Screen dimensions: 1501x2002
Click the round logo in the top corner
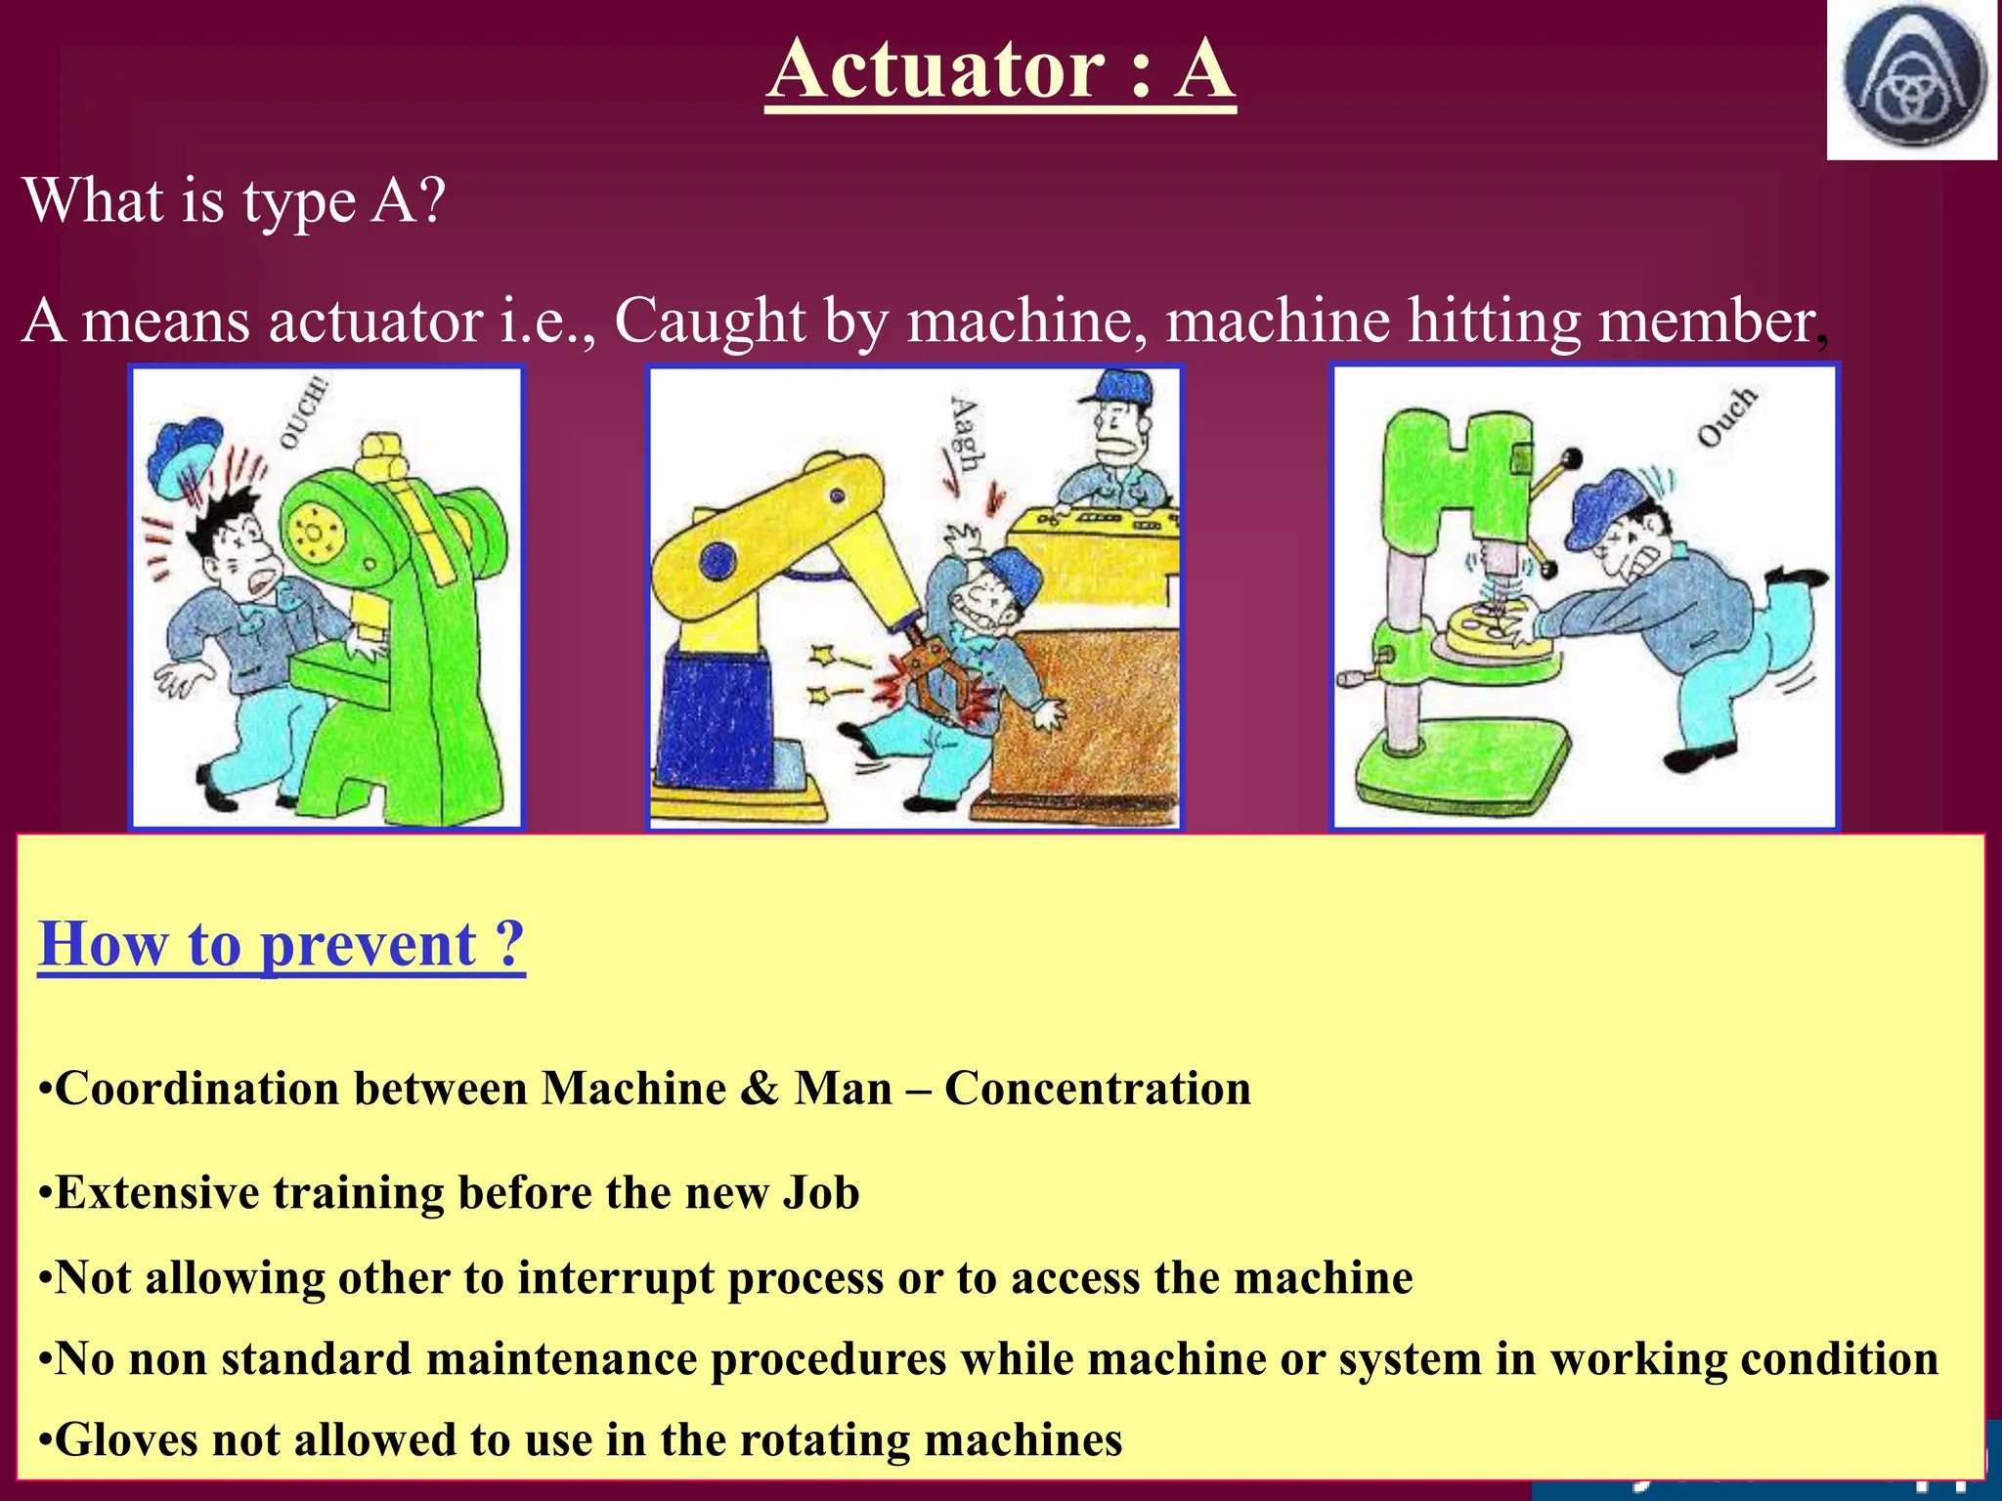(1913, 77)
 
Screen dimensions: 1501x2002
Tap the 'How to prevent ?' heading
(282, 944)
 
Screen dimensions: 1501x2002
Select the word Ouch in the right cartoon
(1727, 417)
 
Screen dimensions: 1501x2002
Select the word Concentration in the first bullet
(1098, 1089)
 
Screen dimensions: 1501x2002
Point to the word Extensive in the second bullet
(156, 1193)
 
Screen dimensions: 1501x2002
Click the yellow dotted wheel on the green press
(315, 534)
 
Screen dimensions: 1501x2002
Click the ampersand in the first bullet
(759, 1089)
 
